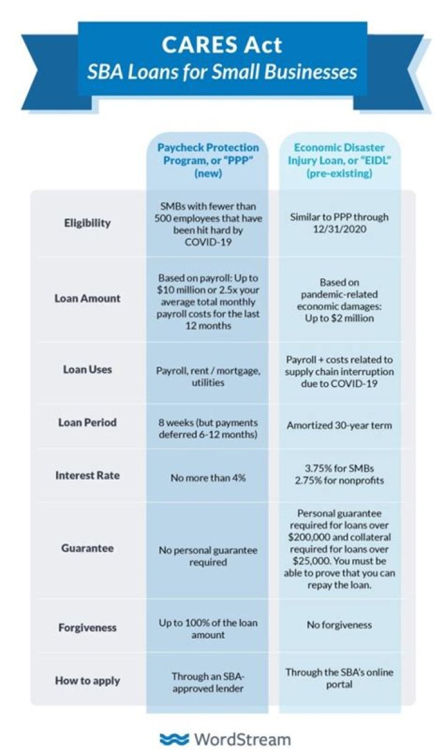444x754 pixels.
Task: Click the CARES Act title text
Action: (x=222, y=44)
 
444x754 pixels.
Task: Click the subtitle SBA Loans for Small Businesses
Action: (x=222, y=73)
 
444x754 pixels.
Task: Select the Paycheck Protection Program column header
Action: (x=208, y=161)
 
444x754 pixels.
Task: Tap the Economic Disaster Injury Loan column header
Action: (x=339, y=161)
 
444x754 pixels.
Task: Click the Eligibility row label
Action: (x=88, y=223)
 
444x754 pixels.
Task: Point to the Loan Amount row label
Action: (x=88, y=298)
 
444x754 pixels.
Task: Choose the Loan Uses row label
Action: (x=88, y=370)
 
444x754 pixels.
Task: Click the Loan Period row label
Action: (x=88, y=423)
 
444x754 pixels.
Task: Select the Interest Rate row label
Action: (x=88, y=475)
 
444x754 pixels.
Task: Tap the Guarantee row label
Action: (x=88, y=548)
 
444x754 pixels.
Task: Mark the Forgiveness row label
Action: (x=88, y=628)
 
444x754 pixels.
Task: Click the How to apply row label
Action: (x=88, y=681)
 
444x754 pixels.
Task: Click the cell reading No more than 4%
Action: (x=208, y=477)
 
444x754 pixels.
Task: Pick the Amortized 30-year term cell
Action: (x=339, y=425)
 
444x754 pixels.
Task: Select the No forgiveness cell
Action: (x=339, y=625)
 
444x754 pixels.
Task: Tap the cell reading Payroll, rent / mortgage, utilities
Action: (x=208, y=376)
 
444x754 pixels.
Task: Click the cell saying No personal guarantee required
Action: (x=208, y=556)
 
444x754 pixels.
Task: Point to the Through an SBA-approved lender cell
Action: (x=208, y=682)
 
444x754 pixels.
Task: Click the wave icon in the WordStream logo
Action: (x=174, y=739)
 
